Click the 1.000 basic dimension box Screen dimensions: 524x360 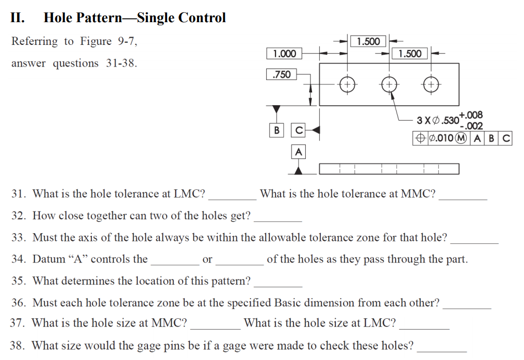click(x=284, y=54)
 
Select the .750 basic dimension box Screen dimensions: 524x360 click(x=282, y=75)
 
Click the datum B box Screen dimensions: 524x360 click(x=277, y=130)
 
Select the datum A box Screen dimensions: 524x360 click(x=298, y=152)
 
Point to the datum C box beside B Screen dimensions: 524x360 click(x=298, y=130)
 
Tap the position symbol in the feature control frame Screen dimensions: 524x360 click(x=420, y=138)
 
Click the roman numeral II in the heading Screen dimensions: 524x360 click(x=17, y=18)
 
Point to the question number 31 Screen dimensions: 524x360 click(x=19, y=194)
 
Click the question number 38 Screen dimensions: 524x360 click(x=19, y=346)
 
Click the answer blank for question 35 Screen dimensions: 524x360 click(x=278, y=284)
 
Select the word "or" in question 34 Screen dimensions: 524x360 click(x=207, y=259)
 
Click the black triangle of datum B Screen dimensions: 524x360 click(x=277, y=109)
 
